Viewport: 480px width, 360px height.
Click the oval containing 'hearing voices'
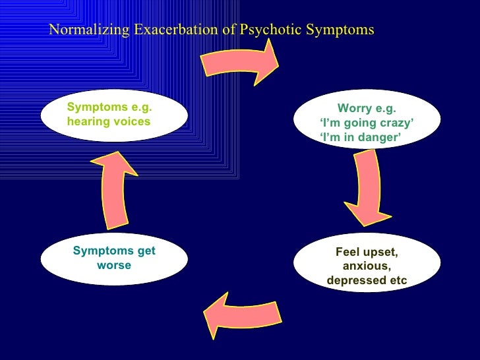[x=113, y=115]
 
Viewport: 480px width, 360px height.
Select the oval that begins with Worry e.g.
[x=367, y=123]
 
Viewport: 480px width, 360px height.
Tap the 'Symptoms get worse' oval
[x=113, y=258]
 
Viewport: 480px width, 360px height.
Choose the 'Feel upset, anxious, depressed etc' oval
[x=367, y=266]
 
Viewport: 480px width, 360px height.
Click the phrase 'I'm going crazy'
[x=367, y=123]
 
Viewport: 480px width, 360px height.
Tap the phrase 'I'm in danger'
[x=360, y=137]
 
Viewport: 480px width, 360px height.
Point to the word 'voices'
[x=132, y=122]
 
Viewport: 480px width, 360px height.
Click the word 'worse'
[x=114, y=266]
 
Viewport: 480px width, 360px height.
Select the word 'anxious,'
[x=367, y=266]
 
